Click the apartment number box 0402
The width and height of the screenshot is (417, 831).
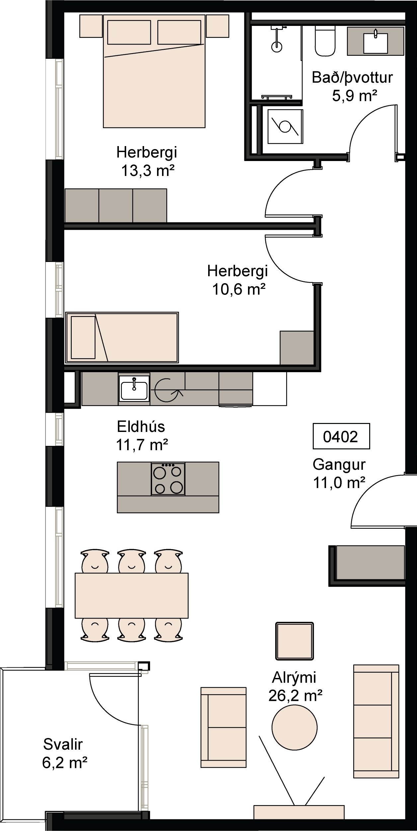[341, 436]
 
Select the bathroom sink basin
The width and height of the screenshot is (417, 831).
[375, 43]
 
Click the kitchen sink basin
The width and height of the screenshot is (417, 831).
[134, 390]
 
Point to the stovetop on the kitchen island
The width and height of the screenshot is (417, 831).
[168, 479]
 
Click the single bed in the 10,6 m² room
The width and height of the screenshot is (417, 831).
[122, 337]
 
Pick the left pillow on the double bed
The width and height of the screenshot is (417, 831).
[129, 32]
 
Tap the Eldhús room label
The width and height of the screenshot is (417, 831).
[141, 427]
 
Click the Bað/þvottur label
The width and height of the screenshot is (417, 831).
[352, 78]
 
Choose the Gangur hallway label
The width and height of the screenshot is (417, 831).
[339, 464]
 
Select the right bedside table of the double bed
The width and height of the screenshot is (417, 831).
[217, 26]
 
